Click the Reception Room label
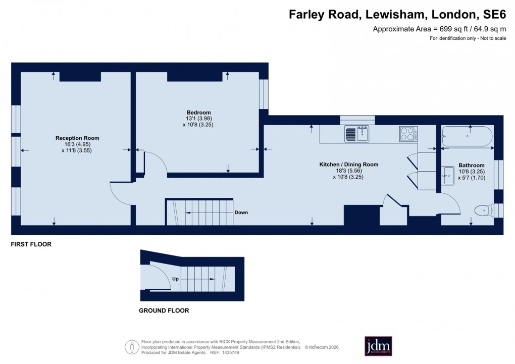[x=77, y=138]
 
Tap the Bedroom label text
[x=198, y=112]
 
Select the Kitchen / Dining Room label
[x=348, y=165]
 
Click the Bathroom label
[x=471, y=165]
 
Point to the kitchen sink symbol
[x=357, y=134]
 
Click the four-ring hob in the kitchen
[x=408, y=134]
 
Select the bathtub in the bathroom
[x=468, y=137]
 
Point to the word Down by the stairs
[x=241, y=213]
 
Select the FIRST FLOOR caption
[x=31, y=244]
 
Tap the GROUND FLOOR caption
[x=164, y=310]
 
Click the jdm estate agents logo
[x=378, y=346]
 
